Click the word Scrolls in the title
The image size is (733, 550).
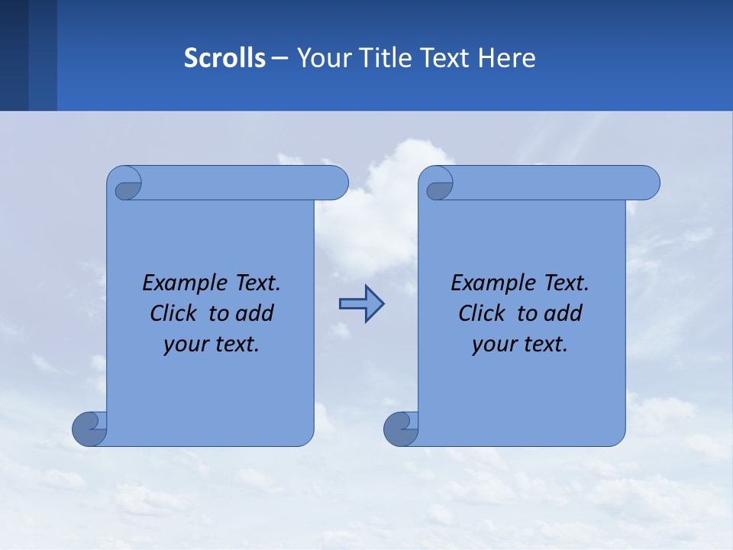(x=224, y=58)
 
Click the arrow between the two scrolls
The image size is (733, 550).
(x=361, y=304)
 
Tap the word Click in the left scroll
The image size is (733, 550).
(x=173, y=313)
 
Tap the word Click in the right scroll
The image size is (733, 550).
(x=481, y=313)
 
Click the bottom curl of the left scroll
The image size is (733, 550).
(x=89, y=430)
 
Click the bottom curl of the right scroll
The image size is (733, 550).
(x=401, y=430)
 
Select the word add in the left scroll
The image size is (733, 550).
(x=255, y=313)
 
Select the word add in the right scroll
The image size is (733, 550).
(x=563, y=313)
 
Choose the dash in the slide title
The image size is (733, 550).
(x=279, y=58)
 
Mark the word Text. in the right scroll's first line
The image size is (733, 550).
(x=566, y=283)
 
